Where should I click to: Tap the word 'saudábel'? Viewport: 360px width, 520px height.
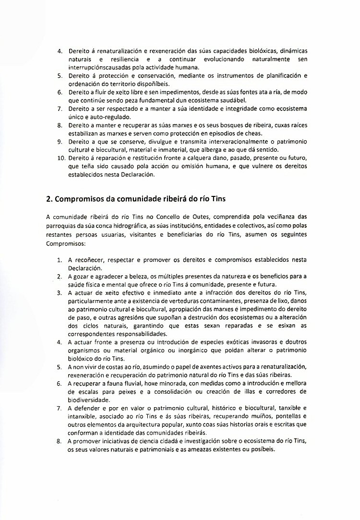(x=228, y=100)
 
